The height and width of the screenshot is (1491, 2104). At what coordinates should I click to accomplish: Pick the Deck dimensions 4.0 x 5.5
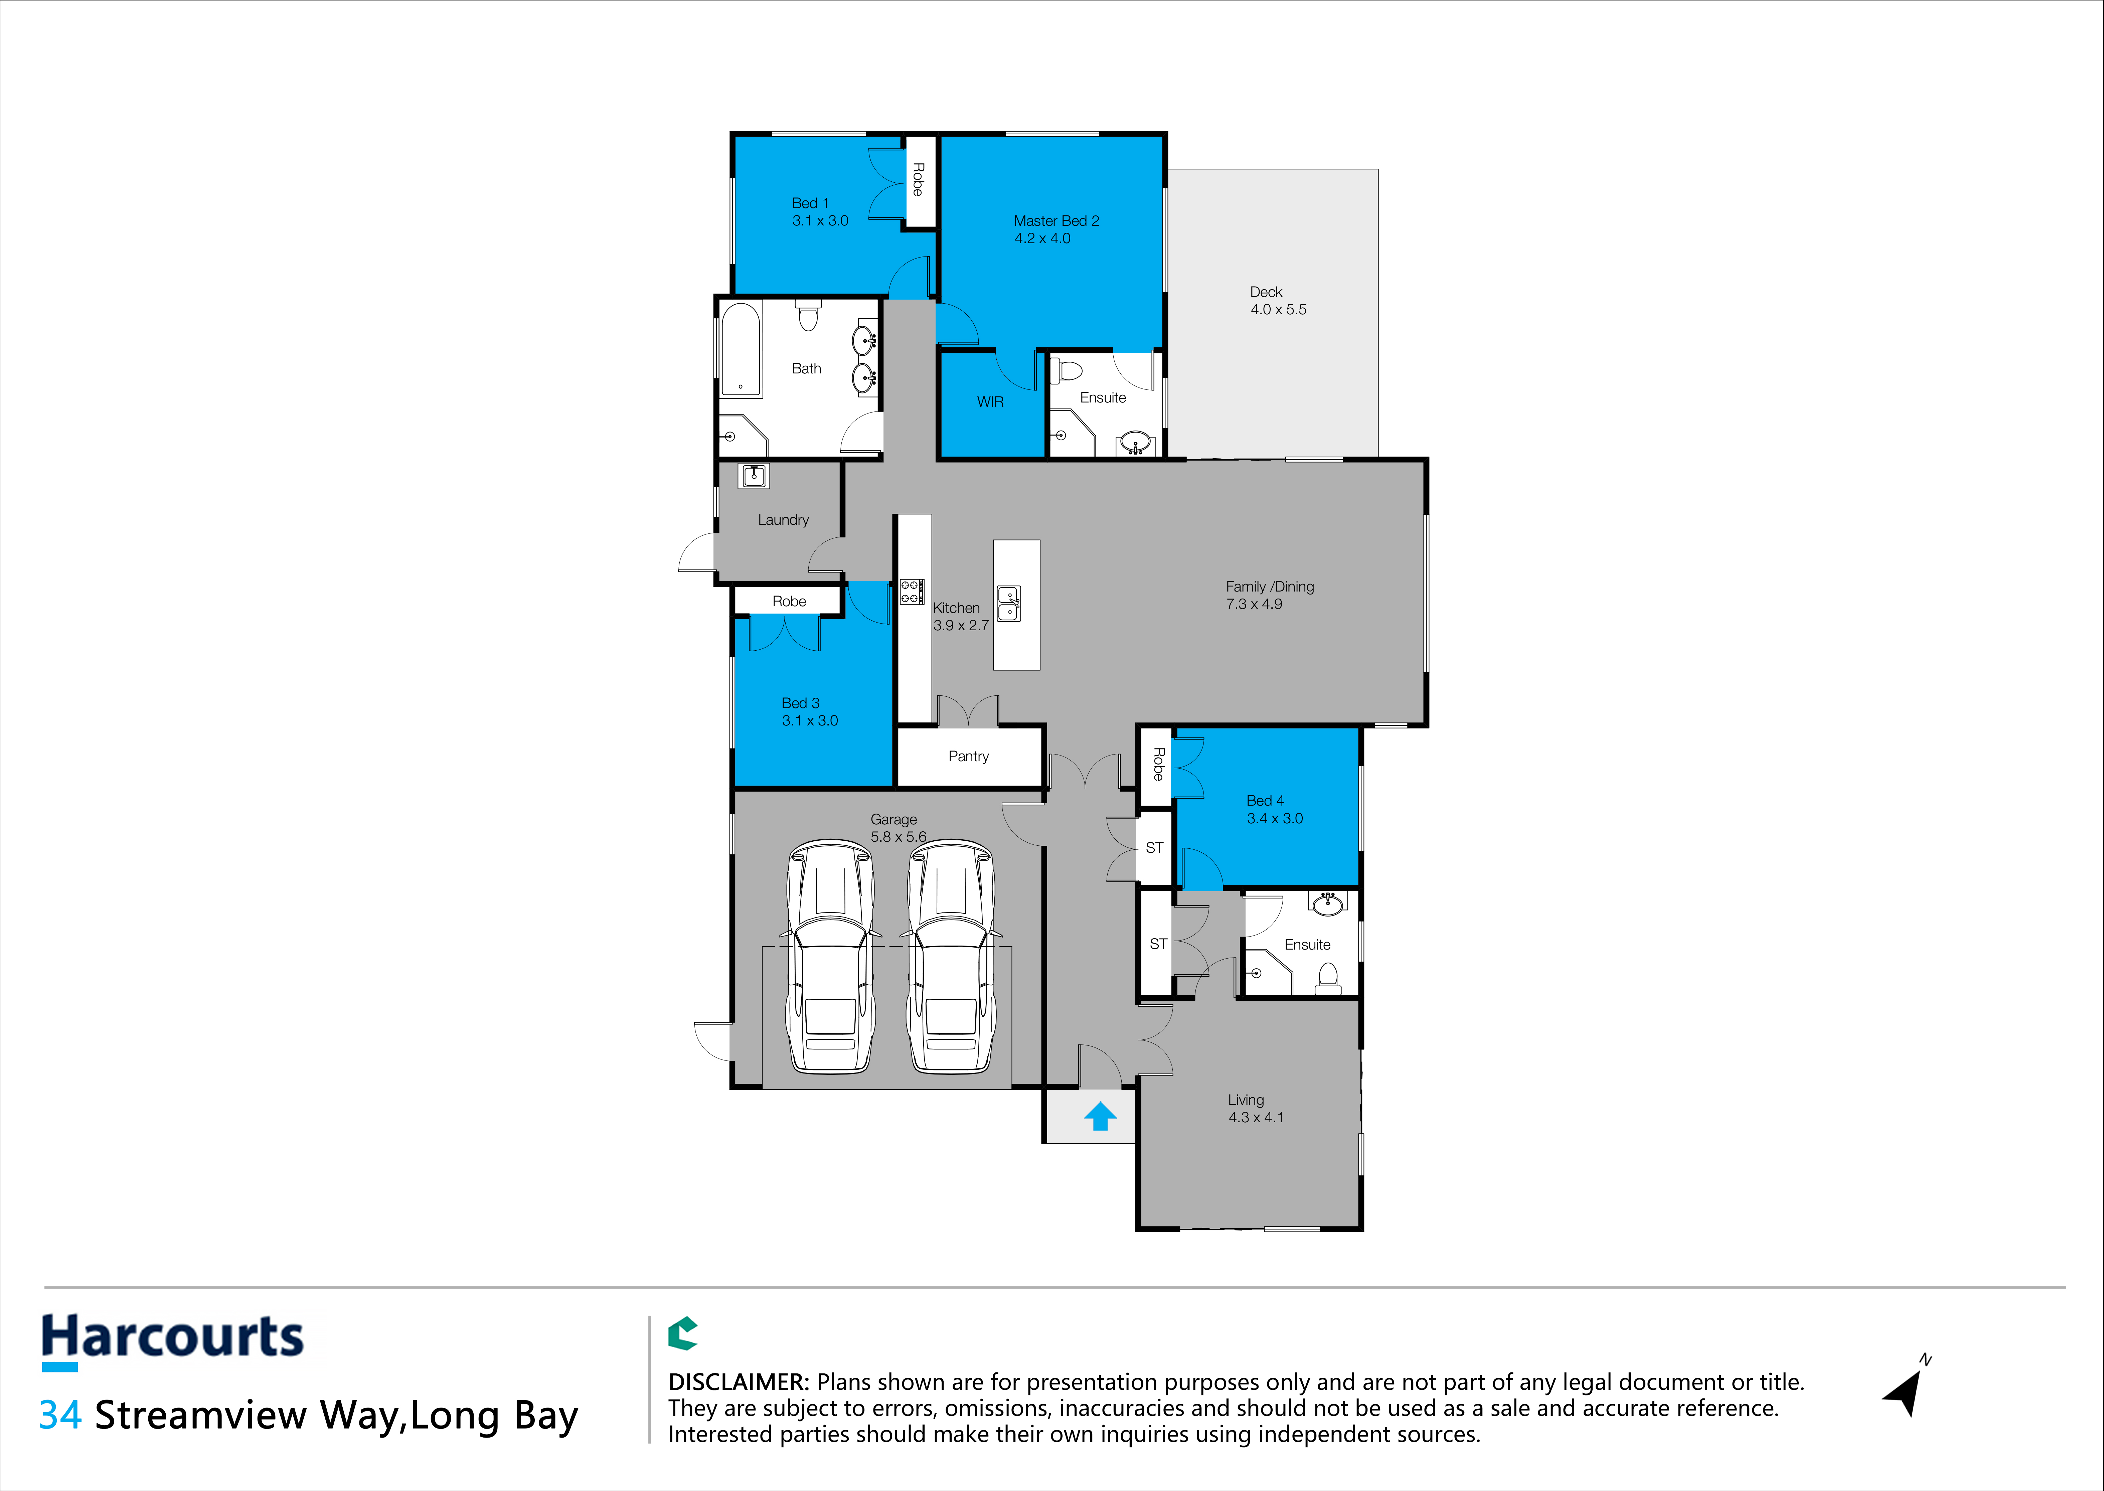[x=1278, y=309]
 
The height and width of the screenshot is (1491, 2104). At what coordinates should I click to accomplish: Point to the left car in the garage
[x=830, y=956]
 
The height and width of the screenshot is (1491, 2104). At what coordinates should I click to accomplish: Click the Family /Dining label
[x=1270, y=587]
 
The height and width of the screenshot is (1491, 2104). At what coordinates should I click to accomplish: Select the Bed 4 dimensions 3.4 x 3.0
[x=1274, y=818]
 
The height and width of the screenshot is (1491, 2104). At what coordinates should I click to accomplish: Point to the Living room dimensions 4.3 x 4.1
[x=1256, y=1117]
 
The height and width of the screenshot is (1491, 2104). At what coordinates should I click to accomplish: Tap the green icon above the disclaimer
[x=682, y=1333]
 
